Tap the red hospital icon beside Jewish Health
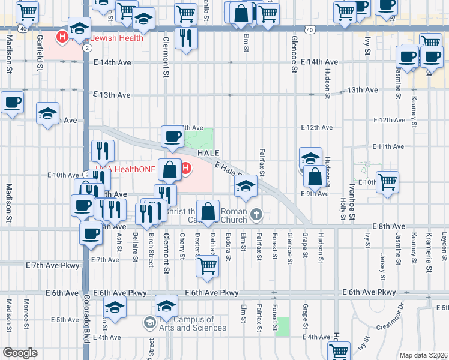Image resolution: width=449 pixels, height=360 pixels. click(62, 38)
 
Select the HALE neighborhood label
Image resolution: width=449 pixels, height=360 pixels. click(208, 153)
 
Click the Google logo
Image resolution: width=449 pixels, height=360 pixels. click(20, 353)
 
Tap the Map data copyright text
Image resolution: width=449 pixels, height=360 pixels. click(424, 355)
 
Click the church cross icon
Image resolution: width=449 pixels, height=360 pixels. click(256, 214)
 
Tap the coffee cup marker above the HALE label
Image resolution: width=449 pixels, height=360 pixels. click(173, 137)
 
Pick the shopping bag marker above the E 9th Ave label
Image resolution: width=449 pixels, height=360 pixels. click(315, 176)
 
